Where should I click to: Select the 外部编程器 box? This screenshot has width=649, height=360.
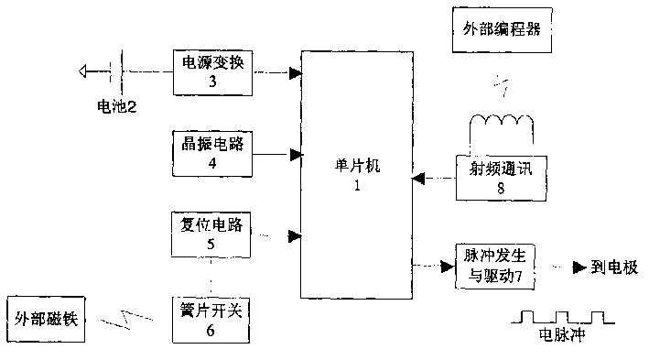tap(496, 29)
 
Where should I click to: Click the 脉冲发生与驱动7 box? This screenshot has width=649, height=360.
tap(495, 267)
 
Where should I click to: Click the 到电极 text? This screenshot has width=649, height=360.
tap(612, 267)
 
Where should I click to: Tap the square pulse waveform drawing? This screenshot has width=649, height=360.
tap(560, 317)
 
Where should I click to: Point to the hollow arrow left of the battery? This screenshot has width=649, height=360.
tap(90, 70)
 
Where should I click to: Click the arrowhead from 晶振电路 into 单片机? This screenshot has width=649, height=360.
tap(295, 154)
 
